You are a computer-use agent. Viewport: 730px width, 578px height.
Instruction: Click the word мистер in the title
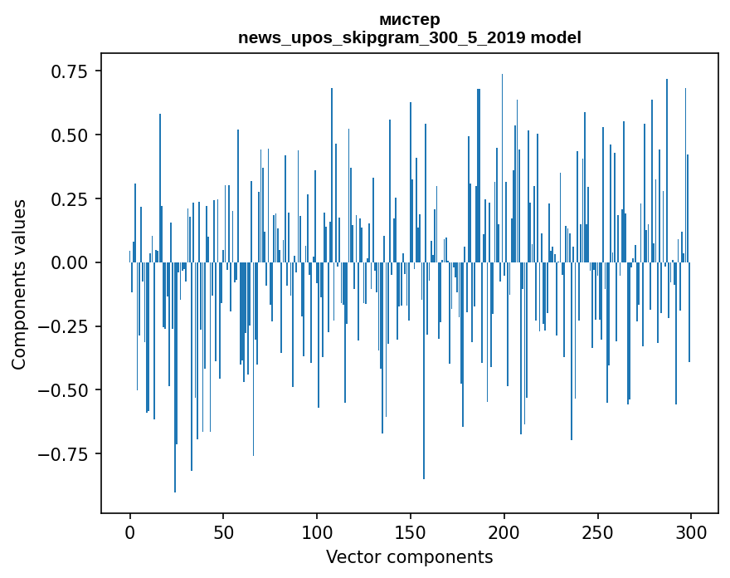[x=409, y=19]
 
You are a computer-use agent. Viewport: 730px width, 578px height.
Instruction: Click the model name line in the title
[x=409, y=37]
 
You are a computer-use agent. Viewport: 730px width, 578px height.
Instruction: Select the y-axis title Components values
[x=19, y=284]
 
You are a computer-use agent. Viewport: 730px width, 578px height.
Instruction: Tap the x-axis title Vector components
[x=409, y=556]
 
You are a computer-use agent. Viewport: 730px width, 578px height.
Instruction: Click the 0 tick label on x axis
[x=130, y=533]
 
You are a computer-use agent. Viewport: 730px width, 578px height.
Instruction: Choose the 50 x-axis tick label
[x=223, y=533]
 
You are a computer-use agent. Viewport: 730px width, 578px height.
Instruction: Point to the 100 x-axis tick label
[x=317, y=533]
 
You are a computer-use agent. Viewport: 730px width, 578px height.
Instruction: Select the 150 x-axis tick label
[x=411, y=533]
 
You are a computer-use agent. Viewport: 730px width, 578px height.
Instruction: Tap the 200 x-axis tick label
[x=504, y=533]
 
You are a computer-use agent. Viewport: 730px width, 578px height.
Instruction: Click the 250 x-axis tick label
[x=597, y=533]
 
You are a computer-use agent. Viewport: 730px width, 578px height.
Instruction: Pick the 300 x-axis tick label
[x=691, y=533]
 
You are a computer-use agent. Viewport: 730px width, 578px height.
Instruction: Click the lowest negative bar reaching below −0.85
[x=175, y=415]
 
